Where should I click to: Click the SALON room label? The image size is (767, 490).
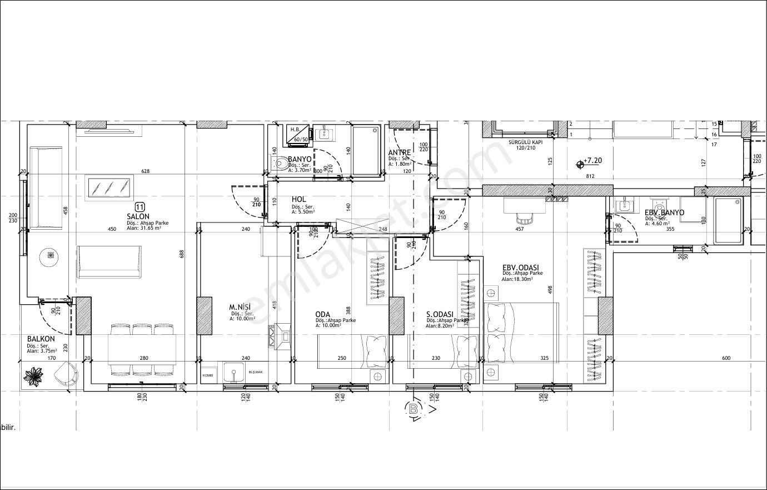tap(137, 216)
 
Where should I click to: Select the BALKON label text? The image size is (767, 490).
tap(41, 339)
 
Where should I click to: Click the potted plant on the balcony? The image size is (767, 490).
tap(34, 375)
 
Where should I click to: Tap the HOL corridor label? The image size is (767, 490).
tap(299, 199)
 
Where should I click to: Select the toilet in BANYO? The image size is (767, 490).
tap(281, 164)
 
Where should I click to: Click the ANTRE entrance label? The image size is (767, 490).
tap(399, 152)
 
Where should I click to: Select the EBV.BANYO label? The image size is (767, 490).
tap(664, 212)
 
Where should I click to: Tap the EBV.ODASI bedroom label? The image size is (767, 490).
tap(520, 268)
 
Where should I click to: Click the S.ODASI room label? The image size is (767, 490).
tap(440, 314)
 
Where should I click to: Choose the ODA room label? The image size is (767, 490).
tap(322, 314)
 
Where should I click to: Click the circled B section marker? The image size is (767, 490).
tap(414, 409)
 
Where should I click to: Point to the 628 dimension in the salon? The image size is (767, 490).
tap(146, 171)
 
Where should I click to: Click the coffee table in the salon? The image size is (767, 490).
tap(109, 187)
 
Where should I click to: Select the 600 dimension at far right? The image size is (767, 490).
tap(726, 358)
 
